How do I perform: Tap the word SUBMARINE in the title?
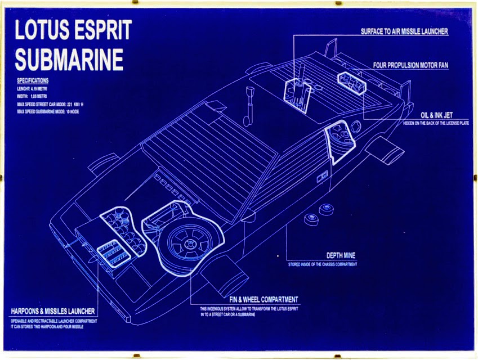[x=69, y=59]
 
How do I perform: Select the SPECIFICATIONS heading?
[x=33, y=80]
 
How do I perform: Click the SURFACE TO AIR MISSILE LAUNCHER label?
[x=404, y=31]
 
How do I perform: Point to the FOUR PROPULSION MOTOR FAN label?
[x=410, y=65]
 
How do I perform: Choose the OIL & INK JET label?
[x=436, y=115]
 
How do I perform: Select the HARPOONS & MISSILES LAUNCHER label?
[x=53, y=311]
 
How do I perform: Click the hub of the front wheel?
[x=187, y=242]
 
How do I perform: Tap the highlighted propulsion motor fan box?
[x=351, y=83]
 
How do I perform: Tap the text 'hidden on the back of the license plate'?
[x=436, y=123]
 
